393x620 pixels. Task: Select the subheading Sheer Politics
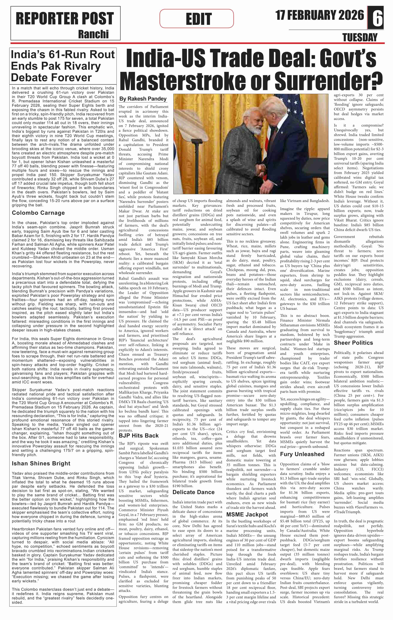(x=353, y=343)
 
